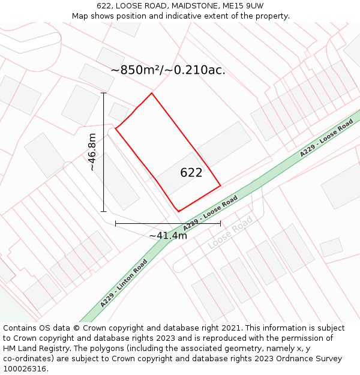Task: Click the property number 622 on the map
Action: (191, 173)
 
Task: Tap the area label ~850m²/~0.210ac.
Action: (168, 70)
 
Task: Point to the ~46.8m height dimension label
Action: (92, 152)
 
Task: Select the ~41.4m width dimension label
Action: (168, 236)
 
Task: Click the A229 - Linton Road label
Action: (124, 283)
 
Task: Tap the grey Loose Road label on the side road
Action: (230, 234)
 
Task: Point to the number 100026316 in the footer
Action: (24, 369)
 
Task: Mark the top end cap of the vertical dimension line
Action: (104, 93)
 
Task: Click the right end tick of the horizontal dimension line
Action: (220, 223)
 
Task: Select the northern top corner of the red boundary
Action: (152, 93)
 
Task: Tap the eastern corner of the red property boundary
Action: (221, 185)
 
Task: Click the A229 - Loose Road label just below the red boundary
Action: (211, 214)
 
